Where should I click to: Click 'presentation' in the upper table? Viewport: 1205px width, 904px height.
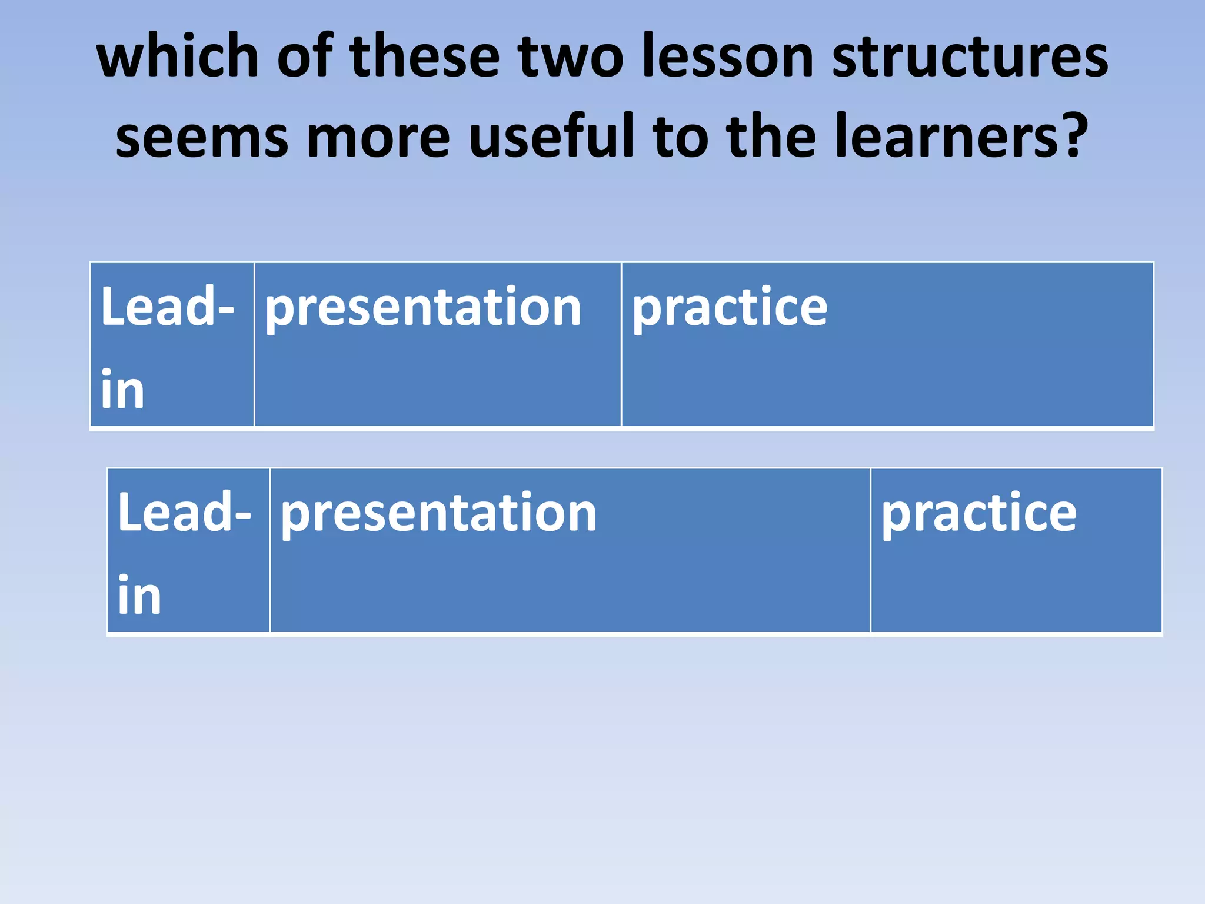coord(423,308)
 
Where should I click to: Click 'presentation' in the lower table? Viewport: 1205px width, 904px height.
coord(438,514)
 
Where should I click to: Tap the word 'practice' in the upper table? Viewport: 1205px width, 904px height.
coord(730,308)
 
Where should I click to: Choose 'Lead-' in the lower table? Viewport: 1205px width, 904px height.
coord(184,511)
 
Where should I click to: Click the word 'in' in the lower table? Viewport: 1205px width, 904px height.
coord(139,595)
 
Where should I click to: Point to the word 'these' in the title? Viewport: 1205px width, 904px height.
coord(424,55)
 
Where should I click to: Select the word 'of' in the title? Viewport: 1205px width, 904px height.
coord(305,55)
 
